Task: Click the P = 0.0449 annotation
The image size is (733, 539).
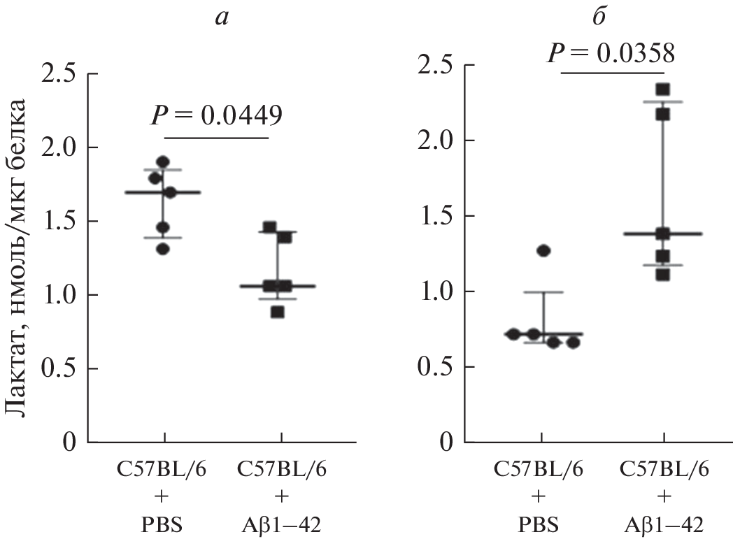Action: click(217, 115)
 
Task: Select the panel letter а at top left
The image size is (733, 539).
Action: click(221, 18)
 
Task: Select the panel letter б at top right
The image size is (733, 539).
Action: click(599, 18)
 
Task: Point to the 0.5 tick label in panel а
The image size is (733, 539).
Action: click(62, 368)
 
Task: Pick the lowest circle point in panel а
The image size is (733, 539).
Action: click(162, 249)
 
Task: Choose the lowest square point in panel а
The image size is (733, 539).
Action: click(277, 312)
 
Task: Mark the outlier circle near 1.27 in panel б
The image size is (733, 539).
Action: click(543, 250)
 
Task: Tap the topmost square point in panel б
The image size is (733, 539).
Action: click(662, 89)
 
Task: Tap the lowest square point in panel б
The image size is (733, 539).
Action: click(662, 275)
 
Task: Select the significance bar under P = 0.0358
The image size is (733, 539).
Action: click(612, 72)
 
